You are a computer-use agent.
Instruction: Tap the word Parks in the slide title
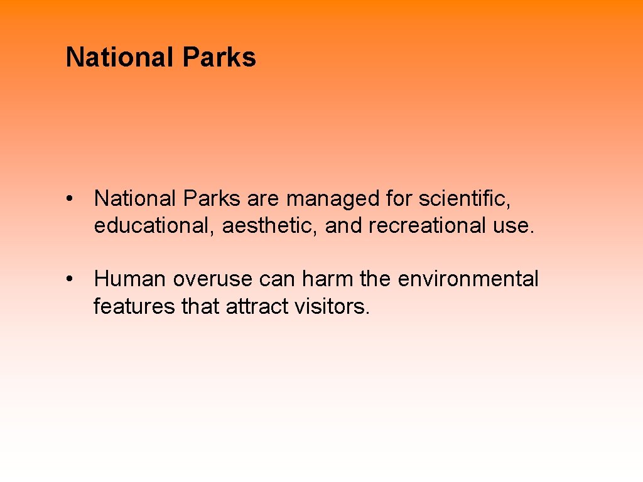point(219,58)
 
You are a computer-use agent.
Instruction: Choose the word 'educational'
point(154,226)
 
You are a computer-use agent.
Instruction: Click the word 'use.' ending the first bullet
point(514,226)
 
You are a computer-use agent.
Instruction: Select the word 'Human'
point(130,279)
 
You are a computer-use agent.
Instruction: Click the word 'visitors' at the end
point(331,306)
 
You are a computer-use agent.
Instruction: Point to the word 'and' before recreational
point(344,226)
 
